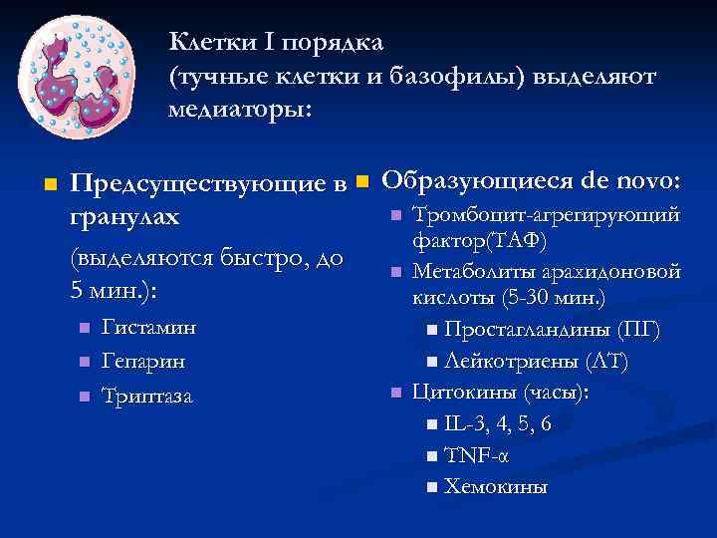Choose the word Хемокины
[495, 487]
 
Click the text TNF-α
[475, 456]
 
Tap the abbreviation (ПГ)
[637, 330]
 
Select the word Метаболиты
[478, 271]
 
